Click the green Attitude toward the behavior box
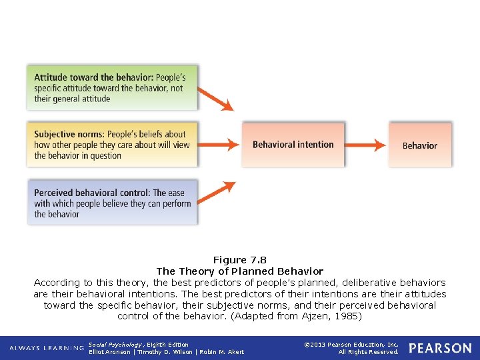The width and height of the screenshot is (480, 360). [112, 87]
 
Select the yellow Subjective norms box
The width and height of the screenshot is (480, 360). [112, 144]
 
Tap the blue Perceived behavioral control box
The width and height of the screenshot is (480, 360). [112, 203]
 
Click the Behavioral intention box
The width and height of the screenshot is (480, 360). [293, 144]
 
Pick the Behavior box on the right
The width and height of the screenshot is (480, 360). [420, 145]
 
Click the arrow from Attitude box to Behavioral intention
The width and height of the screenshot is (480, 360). [216, 98]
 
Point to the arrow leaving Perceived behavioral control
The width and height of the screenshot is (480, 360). [217, 193]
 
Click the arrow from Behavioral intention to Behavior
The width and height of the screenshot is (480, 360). [366, 144]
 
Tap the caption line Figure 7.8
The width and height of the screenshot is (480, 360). [240, 260]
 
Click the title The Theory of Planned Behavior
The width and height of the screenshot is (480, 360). [240, 271]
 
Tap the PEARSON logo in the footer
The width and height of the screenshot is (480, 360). [439, 348]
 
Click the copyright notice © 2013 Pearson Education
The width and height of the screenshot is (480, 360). [351, 345]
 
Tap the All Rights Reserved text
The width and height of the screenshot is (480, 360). [368, 352]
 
